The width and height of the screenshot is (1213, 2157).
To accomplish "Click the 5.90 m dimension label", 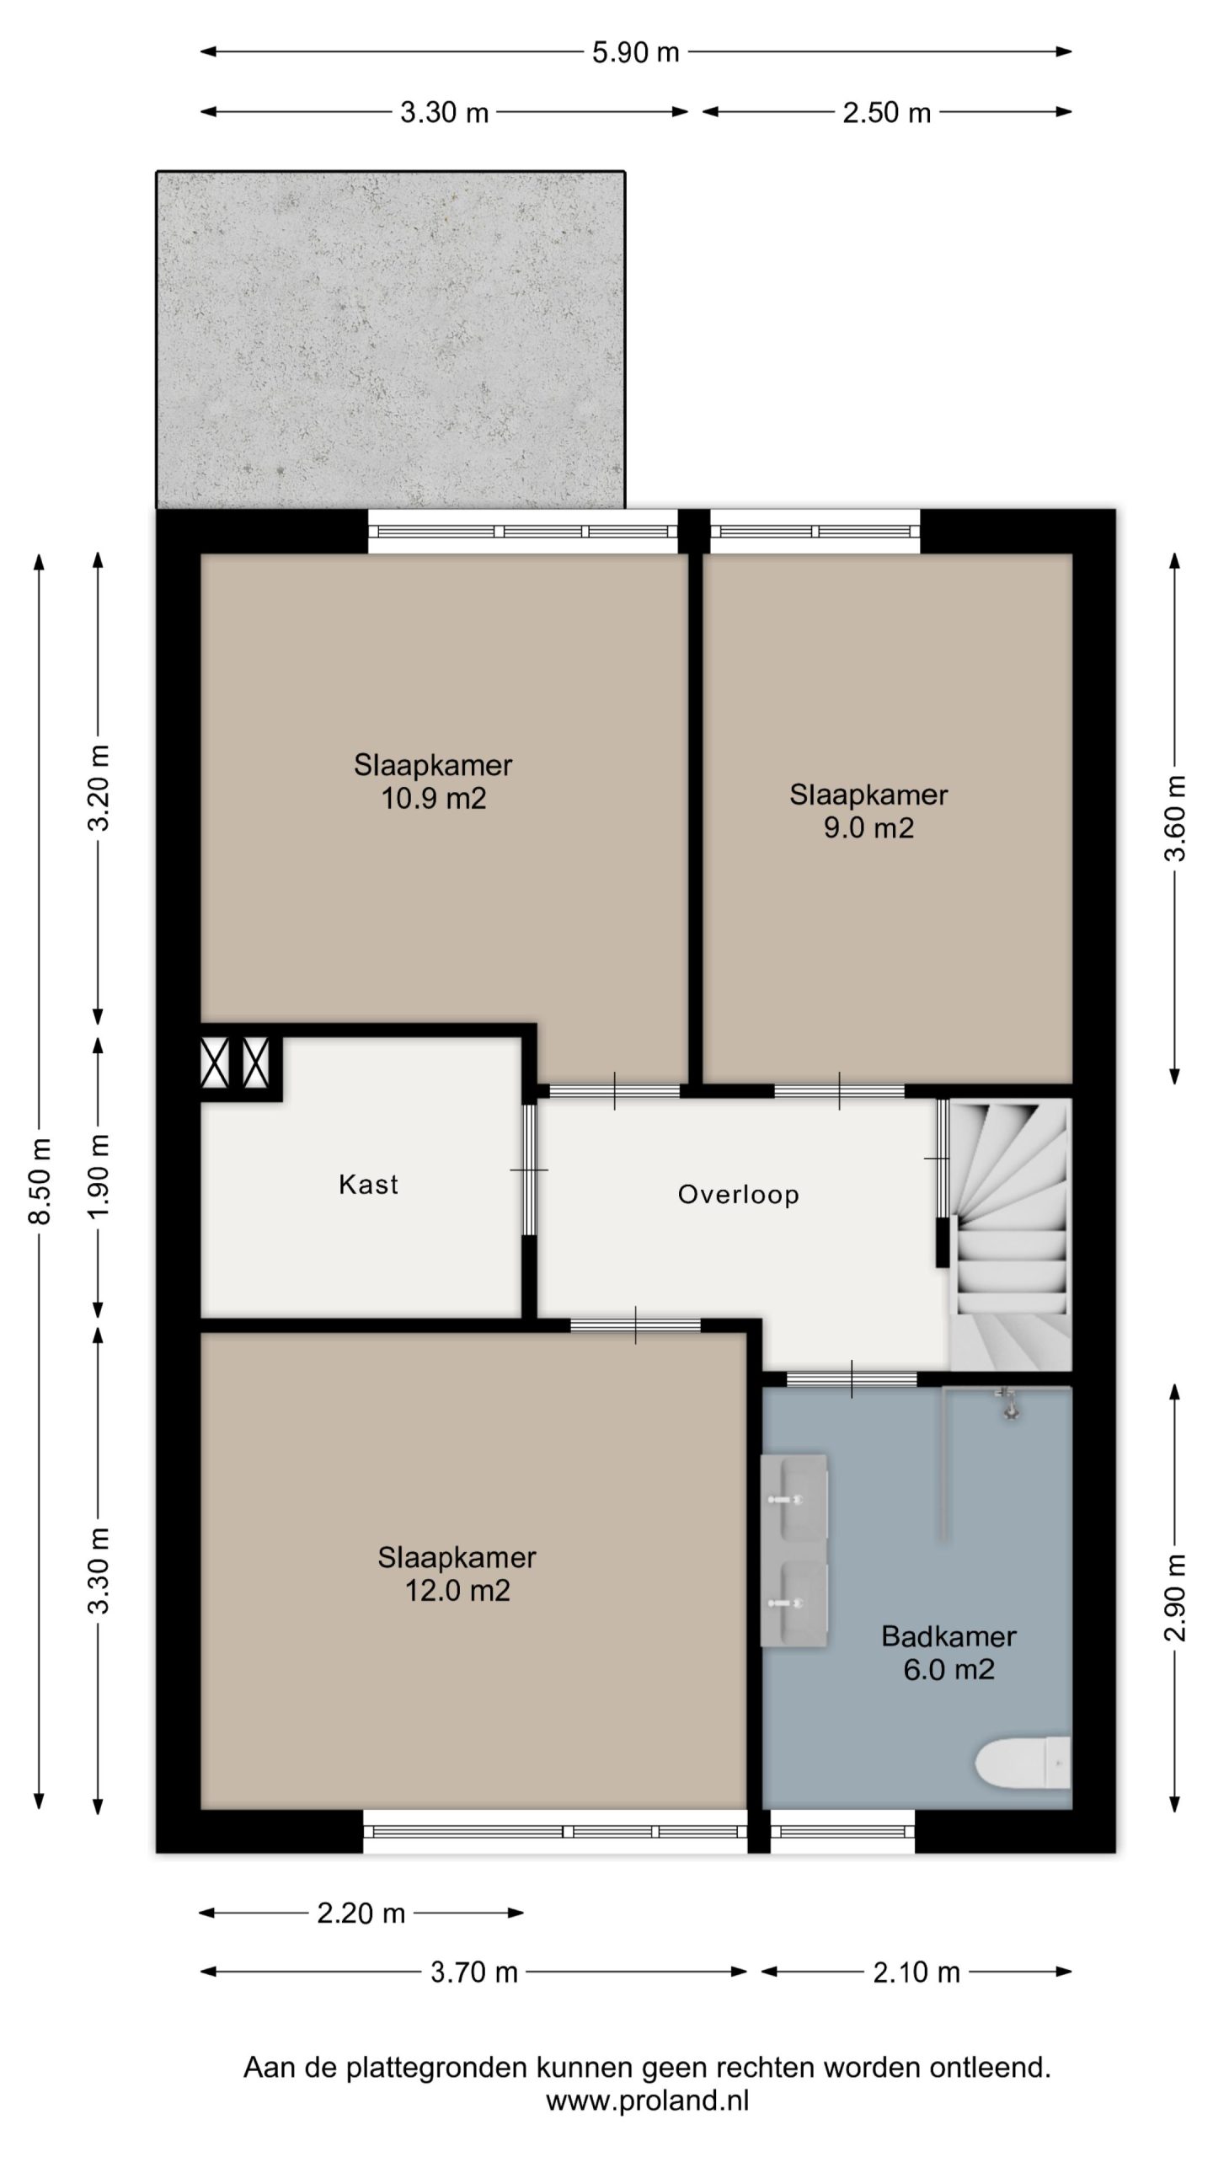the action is [635, 52].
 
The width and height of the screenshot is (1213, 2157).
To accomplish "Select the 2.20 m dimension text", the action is [361, 1913].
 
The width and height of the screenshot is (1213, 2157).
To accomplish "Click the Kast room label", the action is [368, 1184].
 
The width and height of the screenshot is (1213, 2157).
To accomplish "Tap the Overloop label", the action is [738, 1195].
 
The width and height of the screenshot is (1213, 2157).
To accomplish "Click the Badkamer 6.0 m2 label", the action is [948, 1652].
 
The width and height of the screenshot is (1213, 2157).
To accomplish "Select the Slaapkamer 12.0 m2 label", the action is [457, 1573].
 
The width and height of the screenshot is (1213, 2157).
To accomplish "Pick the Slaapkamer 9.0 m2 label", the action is [868, 811].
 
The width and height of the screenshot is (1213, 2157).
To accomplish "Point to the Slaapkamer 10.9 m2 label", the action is [433, 781].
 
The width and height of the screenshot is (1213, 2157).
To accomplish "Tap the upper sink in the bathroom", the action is [794, 1499].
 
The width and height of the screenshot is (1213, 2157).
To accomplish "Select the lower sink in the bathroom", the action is [794, 1603].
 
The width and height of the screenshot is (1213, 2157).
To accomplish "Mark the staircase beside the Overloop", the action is [1010, 1234].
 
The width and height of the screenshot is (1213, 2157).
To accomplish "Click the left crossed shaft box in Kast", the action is [215, 1062].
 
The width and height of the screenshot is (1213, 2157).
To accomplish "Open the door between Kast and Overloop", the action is [528, 1169].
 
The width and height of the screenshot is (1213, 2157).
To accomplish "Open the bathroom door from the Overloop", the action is [852, 1379].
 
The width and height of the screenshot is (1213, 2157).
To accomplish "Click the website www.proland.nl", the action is [647, 2100].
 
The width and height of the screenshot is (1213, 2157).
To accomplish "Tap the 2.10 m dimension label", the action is [916, 1972].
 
